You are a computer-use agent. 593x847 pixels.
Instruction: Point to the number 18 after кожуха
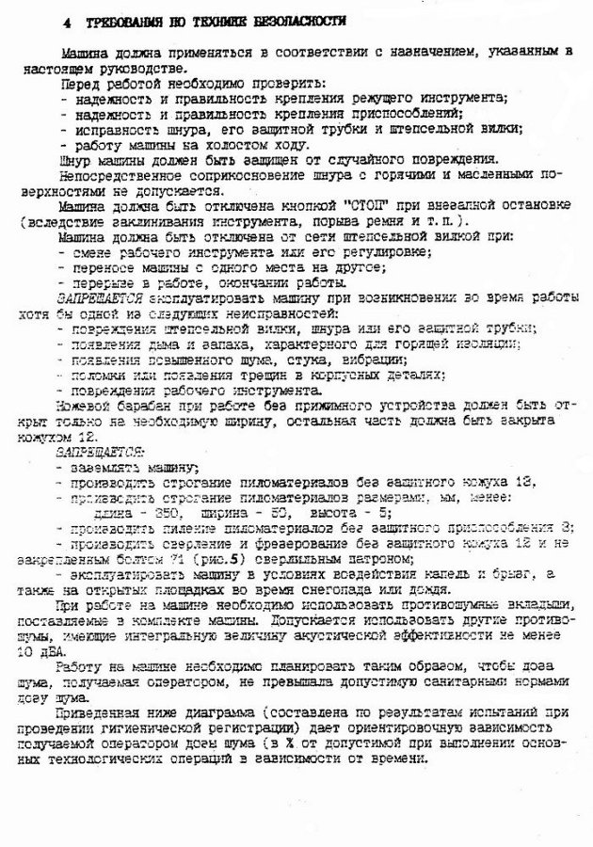point(522,481)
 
